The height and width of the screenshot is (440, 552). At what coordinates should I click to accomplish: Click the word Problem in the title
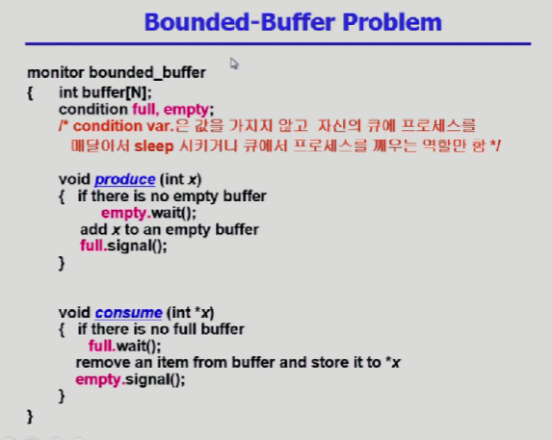(x=392, y=22)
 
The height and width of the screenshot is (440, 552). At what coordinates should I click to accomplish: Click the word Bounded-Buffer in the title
(x=240, y=22)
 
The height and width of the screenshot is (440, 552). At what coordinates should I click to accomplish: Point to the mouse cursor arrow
(x=234, y=64)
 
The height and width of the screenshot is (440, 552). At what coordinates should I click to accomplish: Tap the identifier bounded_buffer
(x=147, y=73)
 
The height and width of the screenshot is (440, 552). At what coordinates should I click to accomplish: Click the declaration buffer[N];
(x=117, y=92)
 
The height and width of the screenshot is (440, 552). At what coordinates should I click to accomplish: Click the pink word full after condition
(x=145, y=110)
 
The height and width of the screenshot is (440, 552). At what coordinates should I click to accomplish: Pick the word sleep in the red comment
(x=154, y=146)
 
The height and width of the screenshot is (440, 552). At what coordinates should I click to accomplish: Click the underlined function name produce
(x=125, y=179)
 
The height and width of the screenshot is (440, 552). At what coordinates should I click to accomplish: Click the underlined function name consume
(x=128, y=313)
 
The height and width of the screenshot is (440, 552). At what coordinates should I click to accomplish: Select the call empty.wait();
(x=148, y=213)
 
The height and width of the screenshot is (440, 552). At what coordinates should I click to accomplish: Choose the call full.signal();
(x=123, y=246)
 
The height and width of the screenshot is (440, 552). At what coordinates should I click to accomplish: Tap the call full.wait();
(x=124, y=346)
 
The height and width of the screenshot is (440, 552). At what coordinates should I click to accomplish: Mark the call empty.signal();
(x=130, y=380)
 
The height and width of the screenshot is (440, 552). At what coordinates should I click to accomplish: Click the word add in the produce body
(x=93, y=229)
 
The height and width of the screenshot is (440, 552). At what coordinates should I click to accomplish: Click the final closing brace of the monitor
(x=30, y=417)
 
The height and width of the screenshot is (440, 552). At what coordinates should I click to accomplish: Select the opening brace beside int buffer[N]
(x=30, y=92)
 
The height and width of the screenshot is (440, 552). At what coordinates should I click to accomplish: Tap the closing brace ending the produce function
(x=62, y=263)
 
